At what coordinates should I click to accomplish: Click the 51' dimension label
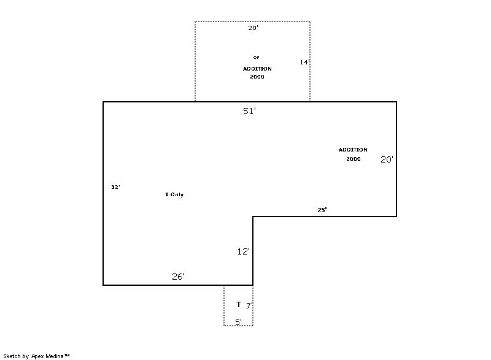click(x=249, y=111)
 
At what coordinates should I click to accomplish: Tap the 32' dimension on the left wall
click(x=115, y=187)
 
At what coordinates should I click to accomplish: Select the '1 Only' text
click(x=174, y=194)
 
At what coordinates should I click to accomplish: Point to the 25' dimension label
click(x=322, y=210)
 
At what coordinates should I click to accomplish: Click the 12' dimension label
click(x=243, y=251)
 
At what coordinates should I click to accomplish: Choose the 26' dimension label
click(x=178, y=277)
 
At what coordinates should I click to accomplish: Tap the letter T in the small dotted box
click(x=239, y=304)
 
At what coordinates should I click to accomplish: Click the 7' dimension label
click(x=249, y=305)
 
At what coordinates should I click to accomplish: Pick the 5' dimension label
click(x=238, y=322)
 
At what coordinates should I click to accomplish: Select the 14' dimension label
click(x=304, y=62)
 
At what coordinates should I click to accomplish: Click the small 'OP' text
click(x=256, y=58)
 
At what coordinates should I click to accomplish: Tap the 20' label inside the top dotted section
click(x=253, y=28)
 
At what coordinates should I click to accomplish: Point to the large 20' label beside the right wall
click(x=387, y=159)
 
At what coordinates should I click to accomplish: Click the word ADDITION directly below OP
click(x=257, y=69)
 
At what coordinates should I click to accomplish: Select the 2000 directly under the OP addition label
click(x=257, y=77)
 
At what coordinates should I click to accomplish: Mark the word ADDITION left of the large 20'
click(x=353, y=150)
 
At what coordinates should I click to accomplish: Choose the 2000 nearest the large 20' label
click(x=354, y=159)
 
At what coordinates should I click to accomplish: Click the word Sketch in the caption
click(x=12, y=356)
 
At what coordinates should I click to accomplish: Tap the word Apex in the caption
click(x=37, y=356)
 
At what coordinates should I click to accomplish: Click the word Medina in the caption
click(x=55, y=356)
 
